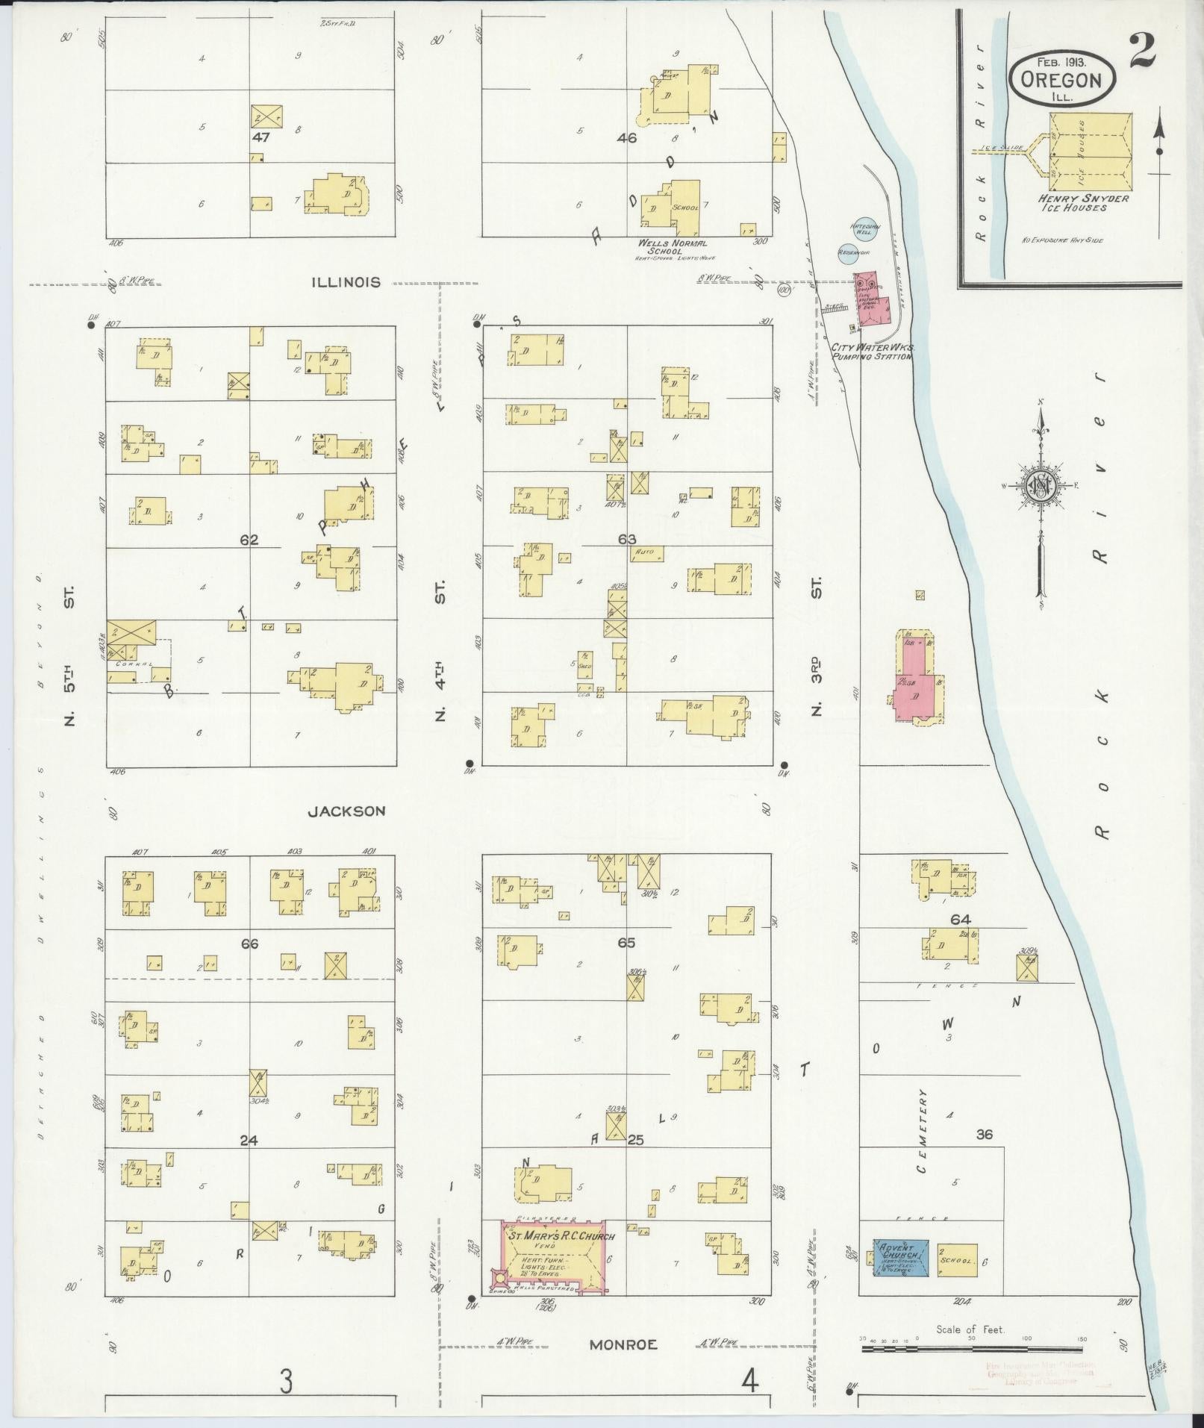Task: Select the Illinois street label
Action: (347, 282)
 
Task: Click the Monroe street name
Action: (623, 1344)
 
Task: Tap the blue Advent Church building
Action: (902, 1259)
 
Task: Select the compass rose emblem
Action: (1039, 487)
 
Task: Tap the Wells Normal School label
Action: (672, 247)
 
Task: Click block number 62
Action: (249, 539)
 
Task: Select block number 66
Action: (249, 944)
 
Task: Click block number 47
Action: (261, 137)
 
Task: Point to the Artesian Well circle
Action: (867, 229)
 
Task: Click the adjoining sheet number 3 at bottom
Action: (286, 1382)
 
